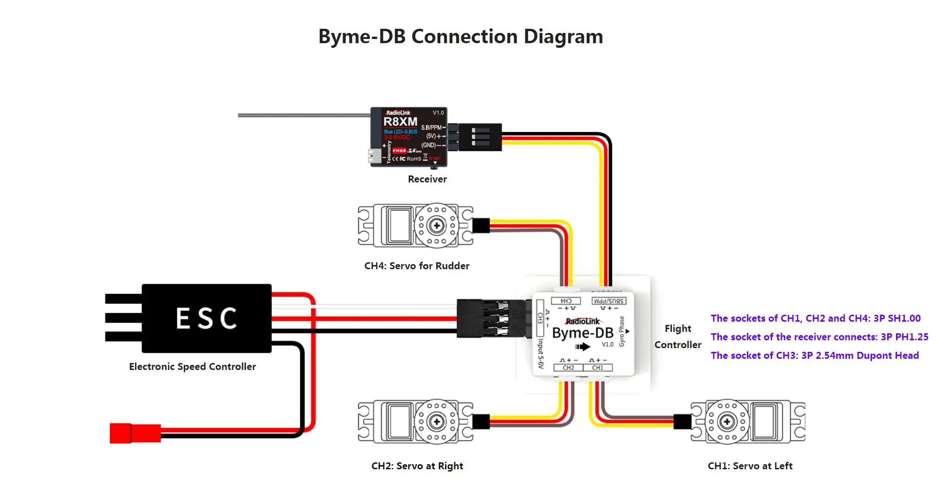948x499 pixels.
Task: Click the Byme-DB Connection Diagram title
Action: [x=460, y=37]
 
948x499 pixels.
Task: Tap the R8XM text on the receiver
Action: [x=400, y=122]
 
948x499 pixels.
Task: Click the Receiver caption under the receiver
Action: [x=427, y=179]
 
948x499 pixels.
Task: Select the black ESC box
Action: [x=206, y=318]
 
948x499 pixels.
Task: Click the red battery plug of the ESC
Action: [x=135, y=433]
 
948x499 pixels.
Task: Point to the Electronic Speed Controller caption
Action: [x=192, y=367]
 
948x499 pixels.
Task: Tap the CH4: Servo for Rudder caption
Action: [x=417, y=266]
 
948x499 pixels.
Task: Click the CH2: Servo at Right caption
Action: [x=417, y=466]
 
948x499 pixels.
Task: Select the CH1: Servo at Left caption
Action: [x=750, y=466]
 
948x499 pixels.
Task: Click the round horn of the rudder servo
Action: [x=436, y=226]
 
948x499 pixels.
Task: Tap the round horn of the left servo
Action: [x=727, y=422]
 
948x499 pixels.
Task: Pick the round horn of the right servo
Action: [x=436, y=422]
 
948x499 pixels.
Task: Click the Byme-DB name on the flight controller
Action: [x=583, y=333]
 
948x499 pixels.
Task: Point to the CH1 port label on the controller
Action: [x=598, y=368]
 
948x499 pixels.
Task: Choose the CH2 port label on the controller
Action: [x=568, y=368]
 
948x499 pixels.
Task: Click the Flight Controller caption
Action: [x=677, y=337]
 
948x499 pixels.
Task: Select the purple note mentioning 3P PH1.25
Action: [x=819, y=337]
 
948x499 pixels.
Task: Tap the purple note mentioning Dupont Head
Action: [x=814, y=356]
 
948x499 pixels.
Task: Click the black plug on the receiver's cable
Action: [x=480, y=137]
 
